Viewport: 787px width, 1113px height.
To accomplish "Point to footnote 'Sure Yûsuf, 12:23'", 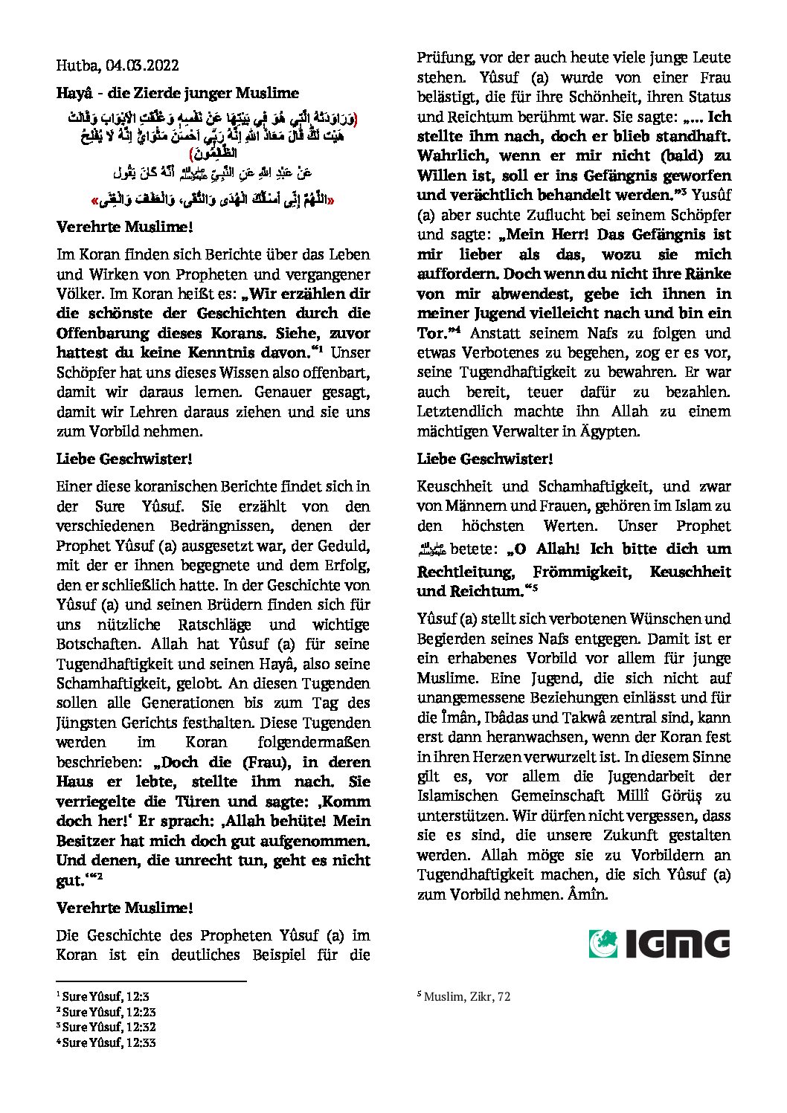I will click(110, 1011).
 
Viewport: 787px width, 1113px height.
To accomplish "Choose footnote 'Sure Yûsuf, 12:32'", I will click(110, 1027).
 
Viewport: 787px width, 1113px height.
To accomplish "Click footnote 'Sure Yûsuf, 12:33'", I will click(110, 1042).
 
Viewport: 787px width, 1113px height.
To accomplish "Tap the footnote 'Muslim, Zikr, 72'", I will click(466, 997).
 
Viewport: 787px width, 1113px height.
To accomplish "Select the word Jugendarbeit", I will click(640, 777).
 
